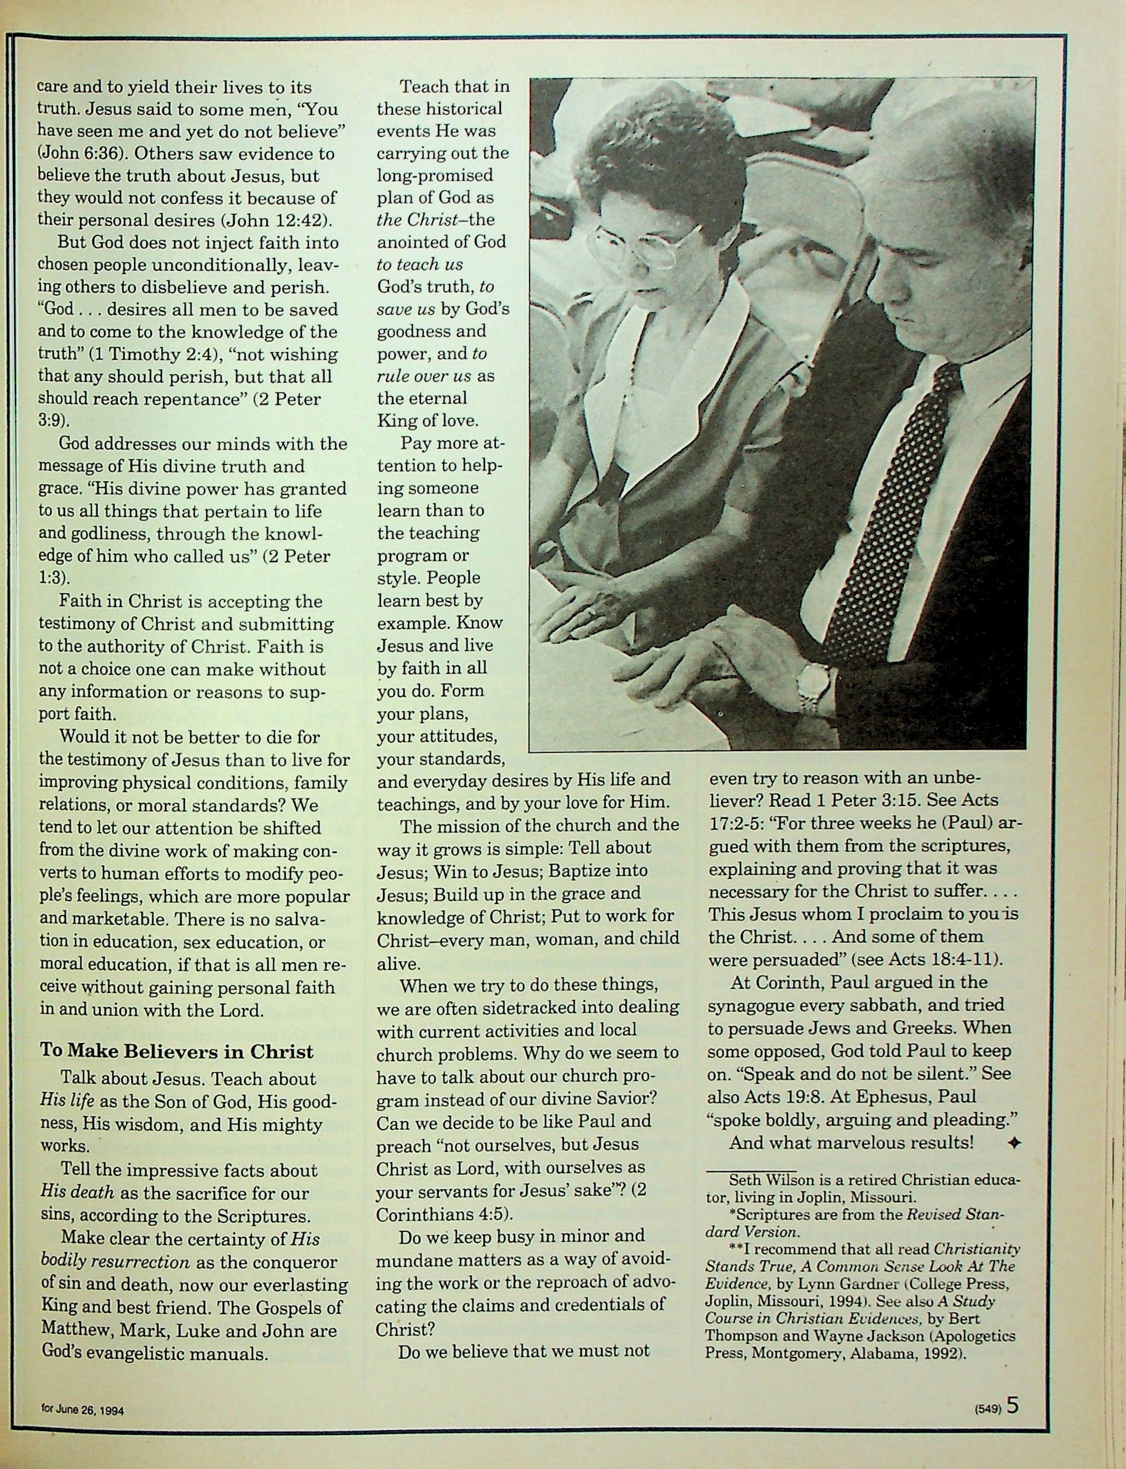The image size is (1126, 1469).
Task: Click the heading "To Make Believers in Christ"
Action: tap(176, 1051)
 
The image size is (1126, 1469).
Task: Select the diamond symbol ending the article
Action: tap(1015, 1143)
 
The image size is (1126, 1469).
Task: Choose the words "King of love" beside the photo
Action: tap(427, 421)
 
